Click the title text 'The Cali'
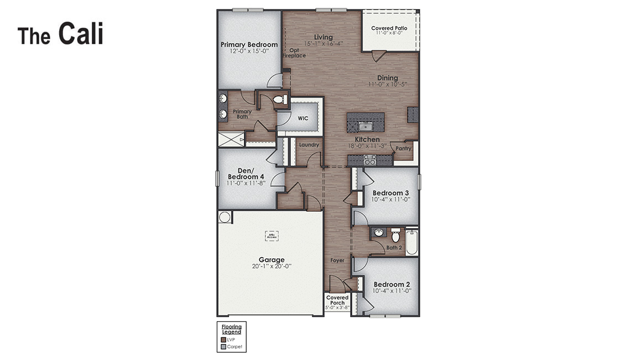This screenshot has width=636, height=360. (x=60, y=34)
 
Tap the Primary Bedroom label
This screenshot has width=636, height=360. (x=249, y=45)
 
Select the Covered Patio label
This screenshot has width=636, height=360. (x=389, y=28)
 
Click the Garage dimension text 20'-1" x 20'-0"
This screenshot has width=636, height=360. (x=272, y=266)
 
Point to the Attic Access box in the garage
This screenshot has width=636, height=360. (x=272, y=236)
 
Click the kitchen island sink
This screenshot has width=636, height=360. (x=365, y=126)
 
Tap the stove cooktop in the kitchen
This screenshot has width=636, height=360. (x=370, y=160)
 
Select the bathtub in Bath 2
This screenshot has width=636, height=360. (x=411, y=242)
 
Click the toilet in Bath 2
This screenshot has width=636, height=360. (x=395, y=235)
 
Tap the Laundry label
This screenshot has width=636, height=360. (x=309, y=145)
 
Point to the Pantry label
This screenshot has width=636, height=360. (x=404, y=148)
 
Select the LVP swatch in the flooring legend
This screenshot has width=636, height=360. (x=223, y=340)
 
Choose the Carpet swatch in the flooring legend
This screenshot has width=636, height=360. (x=223, y=347)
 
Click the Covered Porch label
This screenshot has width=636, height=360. (x=337, y=300)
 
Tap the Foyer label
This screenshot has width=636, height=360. (x=337, y=260)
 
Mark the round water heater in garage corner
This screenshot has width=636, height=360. (x=225, y=217)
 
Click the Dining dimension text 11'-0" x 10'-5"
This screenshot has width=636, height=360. (x=388, y=85)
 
